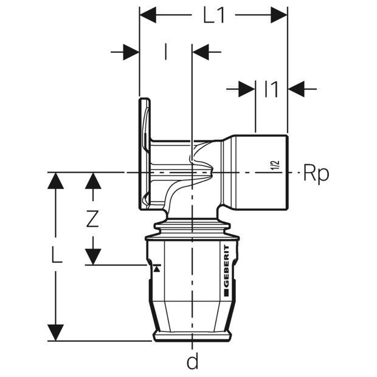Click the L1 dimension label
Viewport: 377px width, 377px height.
214,15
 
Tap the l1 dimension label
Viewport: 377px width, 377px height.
271,89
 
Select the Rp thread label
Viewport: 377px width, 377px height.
316,173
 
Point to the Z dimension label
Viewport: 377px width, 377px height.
92,219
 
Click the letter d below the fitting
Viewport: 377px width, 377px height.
192,361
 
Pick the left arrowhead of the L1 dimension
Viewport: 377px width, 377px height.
148,15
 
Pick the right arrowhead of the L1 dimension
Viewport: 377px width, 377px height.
279,15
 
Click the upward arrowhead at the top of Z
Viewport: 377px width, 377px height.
93,181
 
